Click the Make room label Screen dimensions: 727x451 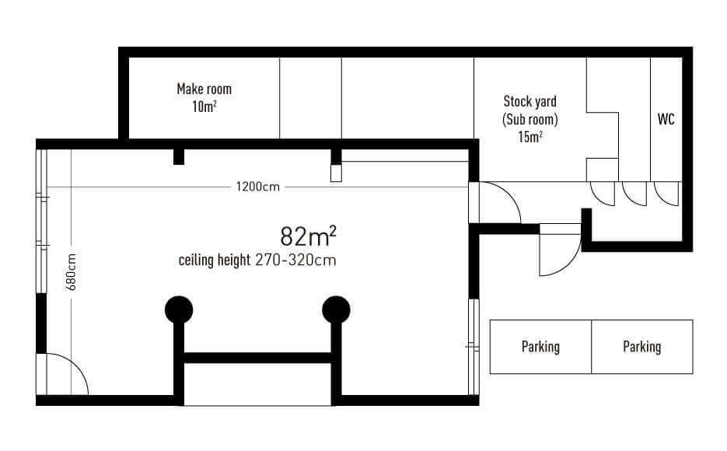(x=204, y=89)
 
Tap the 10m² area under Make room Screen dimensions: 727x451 (x=204, y=107)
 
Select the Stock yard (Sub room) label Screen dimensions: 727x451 (x=530, y=110)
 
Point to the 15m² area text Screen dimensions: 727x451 (x=530, y=137)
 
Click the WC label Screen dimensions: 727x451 (x=666, y=119)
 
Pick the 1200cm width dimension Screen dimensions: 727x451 (x=258, y=187)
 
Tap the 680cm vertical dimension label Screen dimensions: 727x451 (x=71, y=272)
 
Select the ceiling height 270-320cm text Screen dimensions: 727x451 (x=257, y=260)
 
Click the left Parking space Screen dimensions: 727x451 (x=540, y=347)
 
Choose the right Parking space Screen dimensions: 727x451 (x=642, y=347)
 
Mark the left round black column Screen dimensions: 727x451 (x=179, y=309)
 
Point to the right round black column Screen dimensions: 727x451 (x=336, y=309)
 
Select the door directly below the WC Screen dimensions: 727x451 (x=666, y=194)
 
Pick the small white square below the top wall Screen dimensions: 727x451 (x=336, y=173)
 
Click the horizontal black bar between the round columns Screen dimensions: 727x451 (x=258, y=358)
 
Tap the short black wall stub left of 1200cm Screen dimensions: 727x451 (x=179, y=156)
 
